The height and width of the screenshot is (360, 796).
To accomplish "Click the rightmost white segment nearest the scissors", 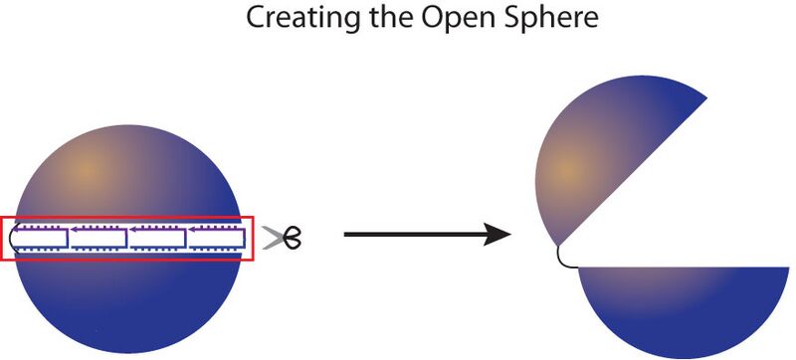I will pos(218,238).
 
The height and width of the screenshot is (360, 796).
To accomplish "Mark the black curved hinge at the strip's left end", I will pos(12,238).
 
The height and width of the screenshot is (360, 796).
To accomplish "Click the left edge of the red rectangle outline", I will pos(2,238).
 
